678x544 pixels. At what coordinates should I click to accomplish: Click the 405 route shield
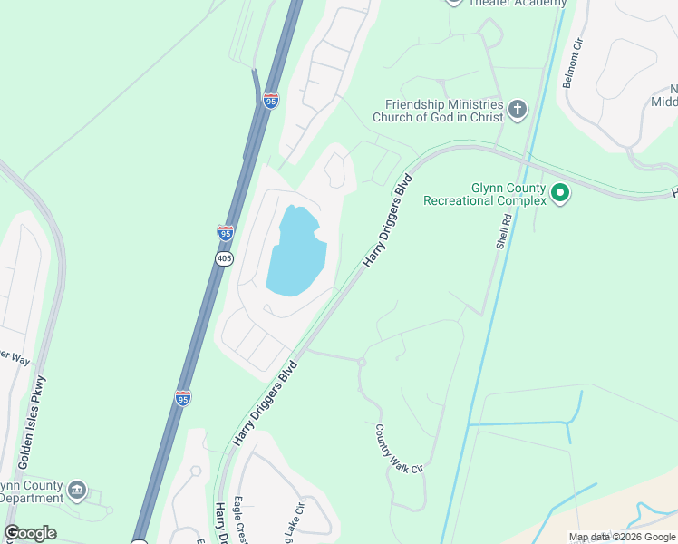click(x=225, y=259)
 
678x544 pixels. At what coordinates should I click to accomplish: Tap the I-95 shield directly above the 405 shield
click(x=226, y=233)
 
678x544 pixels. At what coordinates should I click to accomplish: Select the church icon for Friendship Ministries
click(x=518, y=111)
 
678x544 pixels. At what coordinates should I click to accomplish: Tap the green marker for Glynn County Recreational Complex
click(x=560, y=192)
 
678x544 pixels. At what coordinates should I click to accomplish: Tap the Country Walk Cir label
click(x=399, y=449)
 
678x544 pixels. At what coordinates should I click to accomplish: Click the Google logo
click(x=30, y=533)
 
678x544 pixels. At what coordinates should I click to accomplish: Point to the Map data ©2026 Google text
click(x=621, y=537)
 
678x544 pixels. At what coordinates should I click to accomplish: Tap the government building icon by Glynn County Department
click(x=77, y=491)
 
